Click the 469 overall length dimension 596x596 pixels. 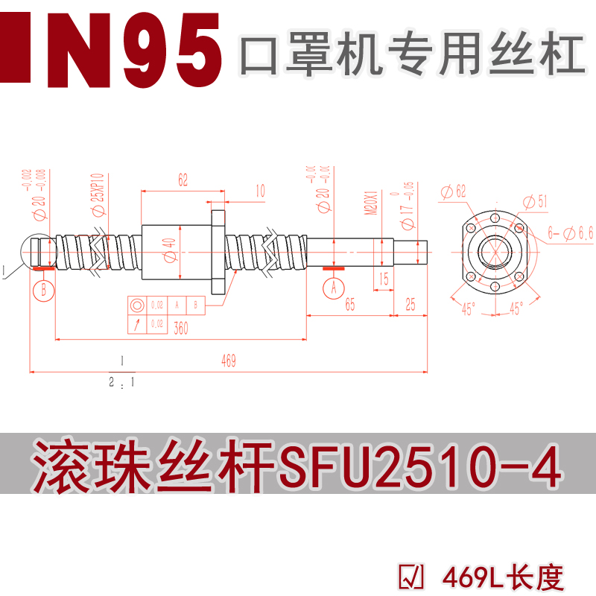coord(229,361)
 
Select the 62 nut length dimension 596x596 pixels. coord(183,180)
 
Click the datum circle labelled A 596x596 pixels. coord(333,286)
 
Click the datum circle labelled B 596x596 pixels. coord(44,288)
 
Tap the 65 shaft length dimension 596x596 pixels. coord(349,305)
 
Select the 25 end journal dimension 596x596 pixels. coord(410,305)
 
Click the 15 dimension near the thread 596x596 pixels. coord(383,279)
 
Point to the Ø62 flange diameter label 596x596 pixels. coord(454,191)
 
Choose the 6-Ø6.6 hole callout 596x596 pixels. coord(570,233)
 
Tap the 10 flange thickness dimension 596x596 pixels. coord(260,192)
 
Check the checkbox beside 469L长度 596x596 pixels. coord(412,577)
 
